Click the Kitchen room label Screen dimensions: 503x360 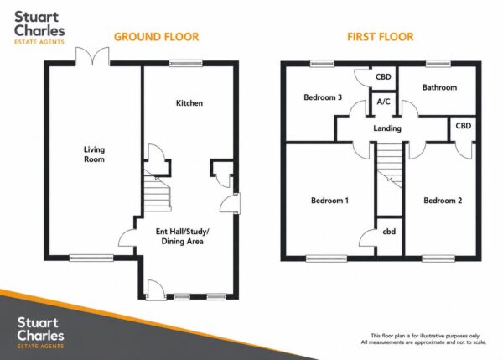189,103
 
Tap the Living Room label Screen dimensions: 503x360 94,154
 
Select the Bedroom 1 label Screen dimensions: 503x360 329,201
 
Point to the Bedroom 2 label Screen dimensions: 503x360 443,201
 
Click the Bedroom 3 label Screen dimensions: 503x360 323,97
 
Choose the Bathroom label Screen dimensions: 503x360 439,87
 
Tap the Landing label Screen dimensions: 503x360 387,128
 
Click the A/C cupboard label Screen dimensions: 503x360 384,102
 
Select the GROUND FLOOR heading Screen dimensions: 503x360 157,37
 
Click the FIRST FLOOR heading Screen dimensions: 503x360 381,37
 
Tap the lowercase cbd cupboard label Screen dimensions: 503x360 389,232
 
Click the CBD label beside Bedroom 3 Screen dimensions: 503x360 383,76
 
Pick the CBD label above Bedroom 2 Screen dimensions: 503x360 464,126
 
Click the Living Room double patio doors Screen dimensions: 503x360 92,56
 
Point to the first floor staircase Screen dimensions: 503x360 389,165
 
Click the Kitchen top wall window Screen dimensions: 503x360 186,63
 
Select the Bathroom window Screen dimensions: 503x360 438,64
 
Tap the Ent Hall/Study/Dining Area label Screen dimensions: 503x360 182,237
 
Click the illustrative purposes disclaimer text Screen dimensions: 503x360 423,339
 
